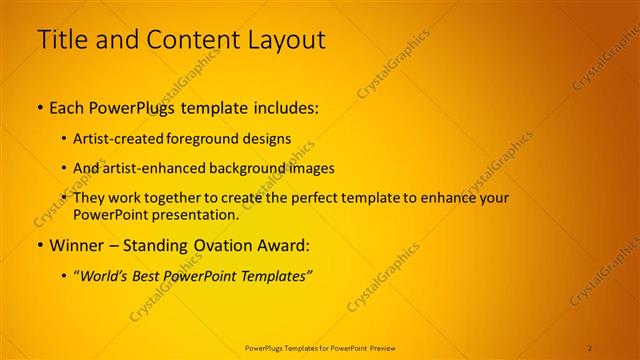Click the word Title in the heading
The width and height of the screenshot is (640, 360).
tap(61, 40)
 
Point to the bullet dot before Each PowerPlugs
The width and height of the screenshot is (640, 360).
tap(40, 107)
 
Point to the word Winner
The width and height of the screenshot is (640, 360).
tap(75, 245)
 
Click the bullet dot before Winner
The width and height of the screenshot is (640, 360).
tap(40, 245)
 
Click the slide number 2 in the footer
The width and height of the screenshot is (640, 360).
tap(590, 347)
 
